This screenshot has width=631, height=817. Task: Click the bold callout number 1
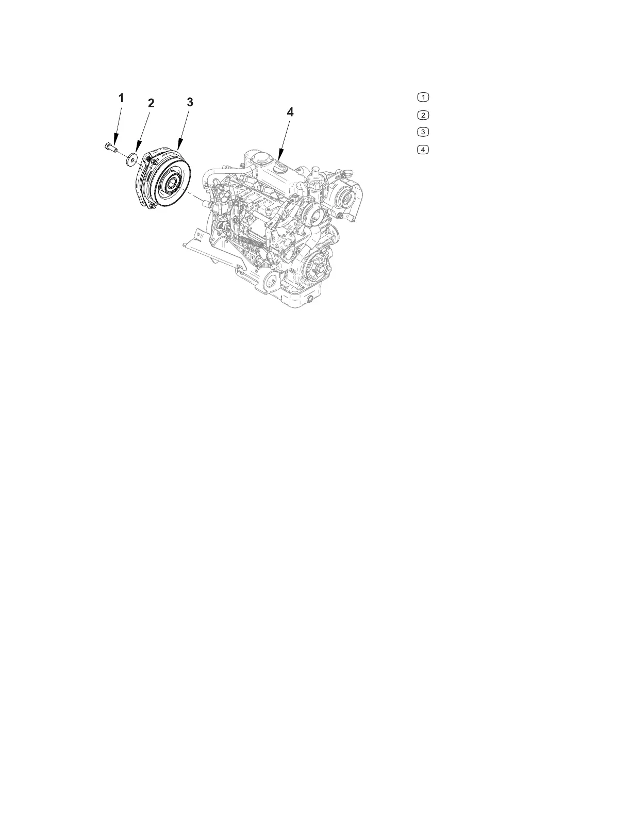(121, 98)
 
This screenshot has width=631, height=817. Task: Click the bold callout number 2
(151, 103)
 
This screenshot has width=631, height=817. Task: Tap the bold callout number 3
(190, 102)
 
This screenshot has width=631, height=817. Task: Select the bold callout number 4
(290, 112)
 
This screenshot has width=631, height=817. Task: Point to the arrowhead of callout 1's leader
(115, 142)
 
